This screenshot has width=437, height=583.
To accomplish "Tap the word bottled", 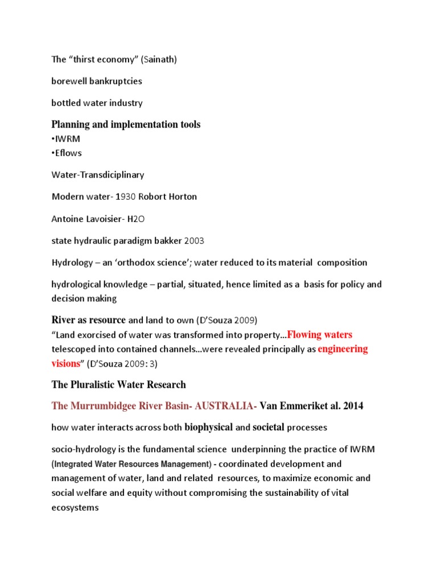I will point(65,103).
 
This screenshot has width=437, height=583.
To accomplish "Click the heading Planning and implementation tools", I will point(126,124).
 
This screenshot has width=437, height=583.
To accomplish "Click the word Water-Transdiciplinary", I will point(98,175).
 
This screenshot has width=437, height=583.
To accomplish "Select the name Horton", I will point(181,196).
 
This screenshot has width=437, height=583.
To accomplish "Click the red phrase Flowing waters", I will point(320,334).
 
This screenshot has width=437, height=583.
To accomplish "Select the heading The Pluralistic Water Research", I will point(118,384).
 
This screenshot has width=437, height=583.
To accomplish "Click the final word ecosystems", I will point(75,507).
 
